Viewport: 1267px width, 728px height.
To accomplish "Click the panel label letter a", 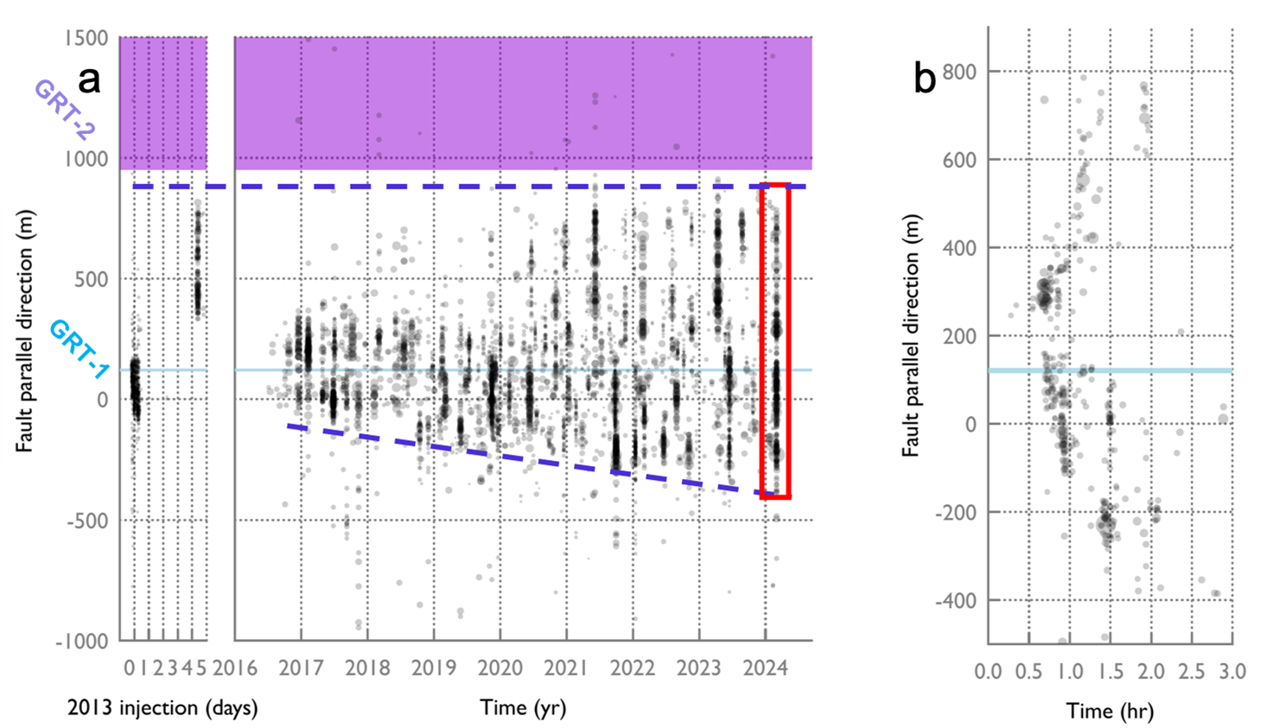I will coord(89,80).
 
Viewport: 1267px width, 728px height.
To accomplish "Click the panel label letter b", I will coord(925,79).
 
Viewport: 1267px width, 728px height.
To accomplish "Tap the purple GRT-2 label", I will coord(64,110).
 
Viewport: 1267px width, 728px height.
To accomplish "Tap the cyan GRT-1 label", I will coord(79,348).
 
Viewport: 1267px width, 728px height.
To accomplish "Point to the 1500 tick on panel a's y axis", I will coord(86,38).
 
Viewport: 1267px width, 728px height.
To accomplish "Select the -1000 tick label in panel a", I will coord(82,642).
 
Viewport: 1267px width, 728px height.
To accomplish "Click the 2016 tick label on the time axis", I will coord(235,667).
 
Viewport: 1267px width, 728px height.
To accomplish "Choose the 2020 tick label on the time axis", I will coord(500,667).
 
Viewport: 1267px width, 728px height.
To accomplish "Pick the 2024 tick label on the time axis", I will coord(766,667).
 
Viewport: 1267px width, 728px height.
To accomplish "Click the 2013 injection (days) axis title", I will coord(162,708).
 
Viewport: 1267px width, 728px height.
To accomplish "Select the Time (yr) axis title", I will coord(523,708).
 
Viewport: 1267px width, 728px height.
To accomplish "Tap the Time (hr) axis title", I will coord(1110,712).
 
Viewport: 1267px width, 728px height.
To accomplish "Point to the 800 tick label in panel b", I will coord(959,72).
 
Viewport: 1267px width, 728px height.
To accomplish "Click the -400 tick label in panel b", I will coord(956,600).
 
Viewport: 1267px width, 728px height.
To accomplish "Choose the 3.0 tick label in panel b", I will coord(1232,672).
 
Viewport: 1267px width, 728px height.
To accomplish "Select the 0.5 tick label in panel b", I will coord(1028,672).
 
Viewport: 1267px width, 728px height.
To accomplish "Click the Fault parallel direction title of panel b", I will coord(911,335).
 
